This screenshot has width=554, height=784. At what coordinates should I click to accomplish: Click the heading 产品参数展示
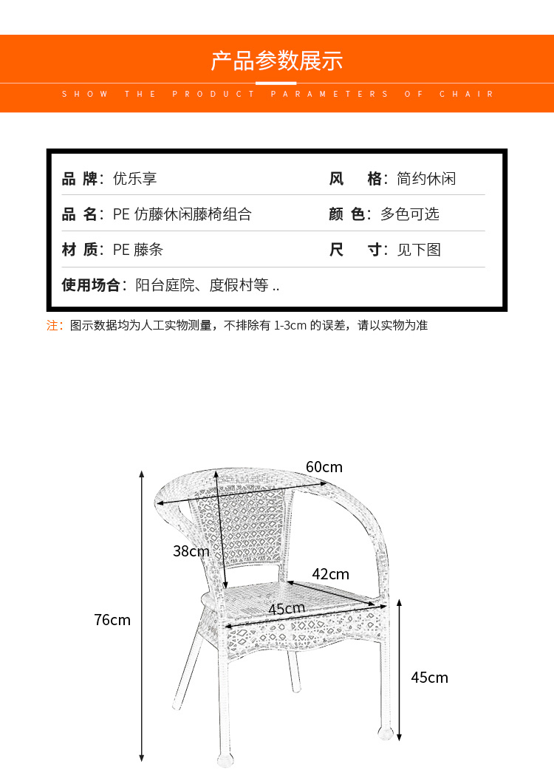pyautogui.click(x=277, y=61)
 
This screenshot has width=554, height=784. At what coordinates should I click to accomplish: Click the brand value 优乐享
pyautogui.click(x=134, y=179)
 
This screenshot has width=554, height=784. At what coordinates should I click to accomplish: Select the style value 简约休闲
pyautogui.click(x=426, y=179)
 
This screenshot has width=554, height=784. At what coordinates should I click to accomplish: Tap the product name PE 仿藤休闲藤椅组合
pyautogui.click(x=182, y=214)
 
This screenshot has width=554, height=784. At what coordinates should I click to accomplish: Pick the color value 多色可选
pyautogui.click(x=409, y=214)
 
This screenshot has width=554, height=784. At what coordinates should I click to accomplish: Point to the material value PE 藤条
pyautogui.click(x=137, y=250)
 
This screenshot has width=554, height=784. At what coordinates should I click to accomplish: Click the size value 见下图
pyautogui.click(x=419, y=250)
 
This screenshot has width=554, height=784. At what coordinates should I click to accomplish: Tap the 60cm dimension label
pyautogui.click(x=324, y=467)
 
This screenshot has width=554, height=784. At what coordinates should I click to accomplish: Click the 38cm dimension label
pyautogui.click(x=191, y=551)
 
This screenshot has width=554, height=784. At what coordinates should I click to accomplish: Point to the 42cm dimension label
pyautogui.click(x=330, y=574)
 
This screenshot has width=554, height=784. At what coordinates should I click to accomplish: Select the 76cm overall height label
pyautogui.click(x=112, y=620)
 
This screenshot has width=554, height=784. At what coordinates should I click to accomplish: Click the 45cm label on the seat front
pyautogui.click(x=287, y=609)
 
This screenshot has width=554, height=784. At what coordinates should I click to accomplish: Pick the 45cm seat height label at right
pyautogui.click(x=429, y=678)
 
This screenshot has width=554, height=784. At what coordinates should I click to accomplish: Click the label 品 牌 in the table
pyautogui.click(x=79, y=179)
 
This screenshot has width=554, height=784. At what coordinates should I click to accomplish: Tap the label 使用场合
pyautogui.click(x=90, y=285)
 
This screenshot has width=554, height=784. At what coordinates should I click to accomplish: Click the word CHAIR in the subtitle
pyautogui.click(x=467, y=94)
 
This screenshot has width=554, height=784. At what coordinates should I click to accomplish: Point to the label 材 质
pyautogui.click(x=79, y=250)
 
